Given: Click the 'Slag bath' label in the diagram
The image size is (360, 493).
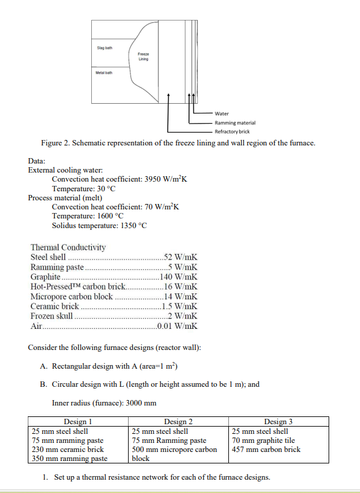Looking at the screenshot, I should (104, 47).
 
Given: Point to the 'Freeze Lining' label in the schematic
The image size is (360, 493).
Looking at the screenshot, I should (143, 57).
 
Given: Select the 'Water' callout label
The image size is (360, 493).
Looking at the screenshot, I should (222, 113).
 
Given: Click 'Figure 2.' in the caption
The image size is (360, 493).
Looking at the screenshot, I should (56, 143).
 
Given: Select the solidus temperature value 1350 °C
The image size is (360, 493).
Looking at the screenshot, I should (133, 225).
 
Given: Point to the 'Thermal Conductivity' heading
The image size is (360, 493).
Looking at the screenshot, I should (68, 247).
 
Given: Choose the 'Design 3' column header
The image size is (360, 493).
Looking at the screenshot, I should (278, 422).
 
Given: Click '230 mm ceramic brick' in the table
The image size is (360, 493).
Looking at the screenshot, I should (68, 449).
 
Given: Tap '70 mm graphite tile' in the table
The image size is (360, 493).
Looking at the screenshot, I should (263, 440).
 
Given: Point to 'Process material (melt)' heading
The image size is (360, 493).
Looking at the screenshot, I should (65, 197).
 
